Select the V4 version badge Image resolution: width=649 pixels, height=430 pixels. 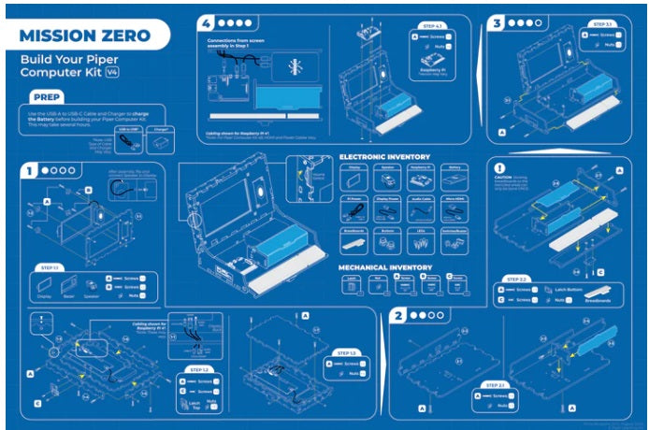coord(112,71)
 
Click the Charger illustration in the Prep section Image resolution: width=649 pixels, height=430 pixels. coord(162,142)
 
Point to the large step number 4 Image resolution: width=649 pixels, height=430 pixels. coord(206,21)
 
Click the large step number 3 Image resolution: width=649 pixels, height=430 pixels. coord(498,21)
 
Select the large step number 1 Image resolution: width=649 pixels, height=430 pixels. coord(31,171)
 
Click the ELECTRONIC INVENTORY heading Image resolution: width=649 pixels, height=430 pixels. coord(384,156)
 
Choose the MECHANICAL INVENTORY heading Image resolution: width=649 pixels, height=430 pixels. coord(386,266)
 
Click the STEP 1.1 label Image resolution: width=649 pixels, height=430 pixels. coord(49,267)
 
